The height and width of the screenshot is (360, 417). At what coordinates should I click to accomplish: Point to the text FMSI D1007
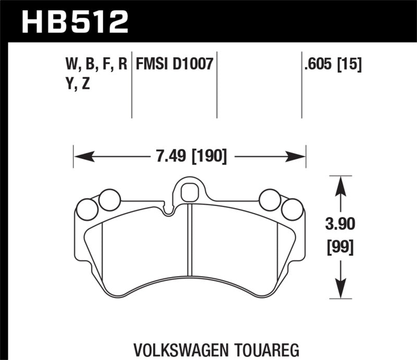tap(174, 65)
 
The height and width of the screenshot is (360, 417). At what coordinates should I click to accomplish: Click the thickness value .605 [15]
tap(332, 65)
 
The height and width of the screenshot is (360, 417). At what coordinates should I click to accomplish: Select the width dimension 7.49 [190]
tap(189, 156)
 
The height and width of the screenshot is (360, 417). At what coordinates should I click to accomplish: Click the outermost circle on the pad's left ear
tap(86, 209)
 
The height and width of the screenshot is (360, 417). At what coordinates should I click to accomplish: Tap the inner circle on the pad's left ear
tap(109, 199)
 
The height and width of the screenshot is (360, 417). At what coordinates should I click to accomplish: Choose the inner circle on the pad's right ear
tap(270, 199)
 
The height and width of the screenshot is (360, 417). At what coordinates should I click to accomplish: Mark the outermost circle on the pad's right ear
tap(292, 209)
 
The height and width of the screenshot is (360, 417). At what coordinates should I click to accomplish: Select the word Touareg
tap(263, 348)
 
